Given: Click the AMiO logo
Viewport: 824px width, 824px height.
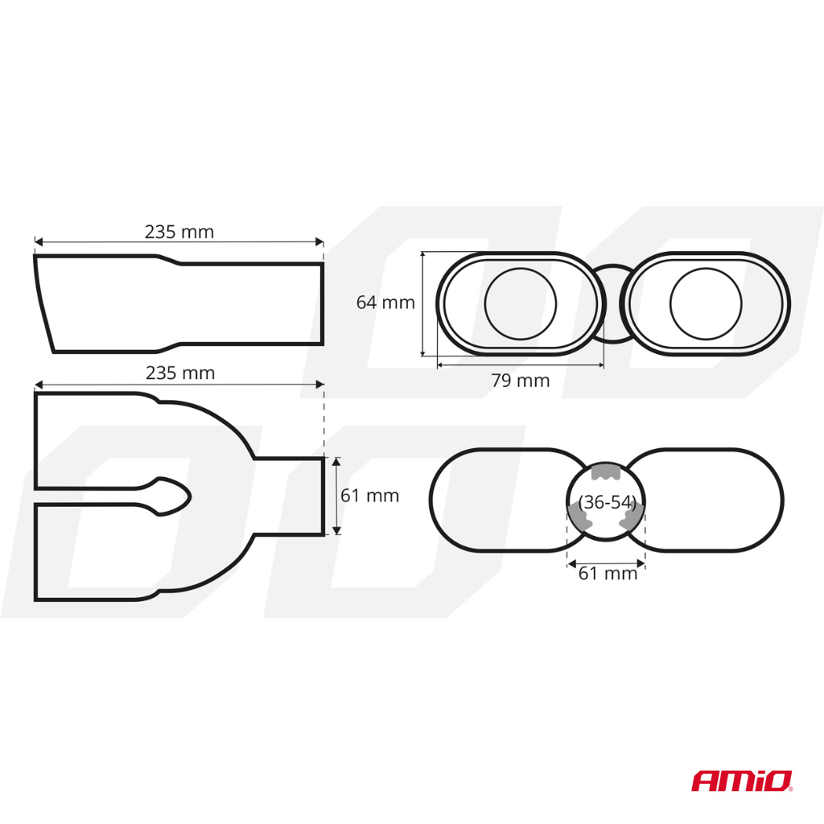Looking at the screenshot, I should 742,780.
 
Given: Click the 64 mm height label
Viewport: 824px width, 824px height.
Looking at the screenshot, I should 385,303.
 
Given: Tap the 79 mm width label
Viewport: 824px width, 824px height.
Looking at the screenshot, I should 520,381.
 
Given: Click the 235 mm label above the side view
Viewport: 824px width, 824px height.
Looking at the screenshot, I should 179,232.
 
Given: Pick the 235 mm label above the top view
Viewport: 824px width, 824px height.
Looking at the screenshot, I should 180,373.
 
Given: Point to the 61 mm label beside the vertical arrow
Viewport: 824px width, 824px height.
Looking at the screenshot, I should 369,496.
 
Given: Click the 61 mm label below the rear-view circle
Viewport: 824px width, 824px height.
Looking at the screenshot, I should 608,573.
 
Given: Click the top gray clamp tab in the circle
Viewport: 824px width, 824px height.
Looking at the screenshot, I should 607,472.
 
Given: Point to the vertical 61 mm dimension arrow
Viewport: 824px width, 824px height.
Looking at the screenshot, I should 336,496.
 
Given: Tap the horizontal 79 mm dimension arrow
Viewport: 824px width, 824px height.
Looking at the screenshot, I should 520,365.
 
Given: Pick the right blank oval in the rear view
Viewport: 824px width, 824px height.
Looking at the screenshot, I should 716,501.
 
